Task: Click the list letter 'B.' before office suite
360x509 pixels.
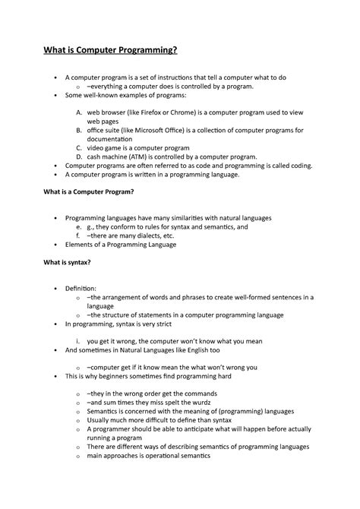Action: (x=79, y=131)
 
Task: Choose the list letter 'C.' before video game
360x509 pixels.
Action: (x=79, y=147)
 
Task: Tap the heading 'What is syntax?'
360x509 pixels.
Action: (x=67, y=263)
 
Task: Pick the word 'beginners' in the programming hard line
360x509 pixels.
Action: (x=122, y=376)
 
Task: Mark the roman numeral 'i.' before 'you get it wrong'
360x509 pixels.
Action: (x=79, y=341)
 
